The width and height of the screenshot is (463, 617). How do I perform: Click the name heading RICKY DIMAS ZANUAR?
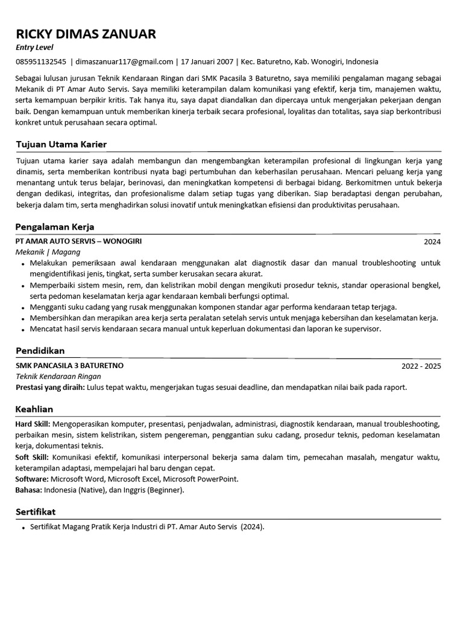[86, 34]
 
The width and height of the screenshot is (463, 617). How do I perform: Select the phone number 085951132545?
[40, 61]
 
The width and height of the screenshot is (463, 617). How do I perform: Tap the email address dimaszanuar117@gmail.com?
[124, 61]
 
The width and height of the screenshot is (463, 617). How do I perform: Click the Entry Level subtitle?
[34, 48]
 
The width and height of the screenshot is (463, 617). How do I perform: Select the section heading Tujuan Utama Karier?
[61, 145]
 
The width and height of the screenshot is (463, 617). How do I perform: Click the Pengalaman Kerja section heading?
[55, 227]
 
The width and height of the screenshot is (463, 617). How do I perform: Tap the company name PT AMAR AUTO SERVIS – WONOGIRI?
[79, 241]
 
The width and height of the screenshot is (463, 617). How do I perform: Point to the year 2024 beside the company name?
[432, 242]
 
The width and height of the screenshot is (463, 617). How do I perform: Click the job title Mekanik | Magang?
[48, 252]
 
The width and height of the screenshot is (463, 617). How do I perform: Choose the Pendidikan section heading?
[40, 351]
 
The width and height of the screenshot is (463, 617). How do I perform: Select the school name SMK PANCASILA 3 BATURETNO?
[69, 365]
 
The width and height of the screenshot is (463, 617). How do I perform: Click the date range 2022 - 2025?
[421, 366]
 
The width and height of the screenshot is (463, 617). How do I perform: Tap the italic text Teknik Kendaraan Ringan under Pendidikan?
[58, 376]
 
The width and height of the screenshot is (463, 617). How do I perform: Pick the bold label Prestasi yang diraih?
[50, 387]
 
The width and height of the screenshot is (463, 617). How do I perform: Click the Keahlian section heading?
[34, 409]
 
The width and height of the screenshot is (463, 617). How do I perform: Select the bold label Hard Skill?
[33, 424]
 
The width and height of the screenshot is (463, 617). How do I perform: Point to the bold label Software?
[32, 479]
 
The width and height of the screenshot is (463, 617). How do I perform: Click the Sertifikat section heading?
[36, 512]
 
